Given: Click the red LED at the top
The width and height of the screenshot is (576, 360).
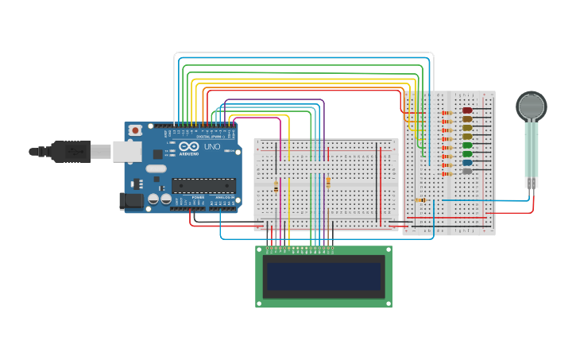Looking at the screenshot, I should [467, 110].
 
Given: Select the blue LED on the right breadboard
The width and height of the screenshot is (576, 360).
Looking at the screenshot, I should [467, 162].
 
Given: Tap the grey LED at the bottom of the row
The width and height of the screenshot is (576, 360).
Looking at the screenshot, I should [467, 171].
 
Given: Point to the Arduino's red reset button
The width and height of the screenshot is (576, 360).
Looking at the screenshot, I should [136, 130].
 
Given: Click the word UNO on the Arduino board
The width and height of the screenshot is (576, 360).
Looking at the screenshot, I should [213, 147].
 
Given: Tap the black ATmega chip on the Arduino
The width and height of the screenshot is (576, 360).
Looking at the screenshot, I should [203, 185].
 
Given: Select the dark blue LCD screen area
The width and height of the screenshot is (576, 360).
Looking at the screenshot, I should [323, 276].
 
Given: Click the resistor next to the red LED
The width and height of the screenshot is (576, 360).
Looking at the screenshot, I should [446, 111].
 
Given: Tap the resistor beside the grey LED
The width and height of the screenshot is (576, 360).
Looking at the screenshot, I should [446, 171].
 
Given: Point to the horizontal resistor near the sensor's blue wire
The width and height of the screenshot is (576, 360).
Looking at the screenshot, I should [421, 200].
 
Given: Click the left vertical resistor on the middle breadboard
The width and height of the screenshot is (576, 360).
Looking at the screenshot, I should [276, 186].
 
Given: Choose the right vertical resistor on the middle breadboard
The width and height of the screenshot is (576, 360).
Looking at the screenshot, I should [328, 183].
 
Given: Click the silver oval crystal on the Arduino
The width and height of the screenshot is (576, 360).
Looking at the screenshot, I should [156, 168].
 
